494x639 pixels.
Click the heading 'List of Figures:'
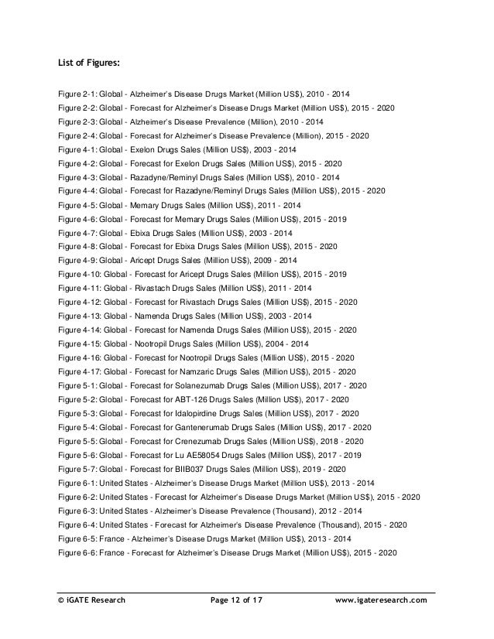(x=90, y=63)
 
